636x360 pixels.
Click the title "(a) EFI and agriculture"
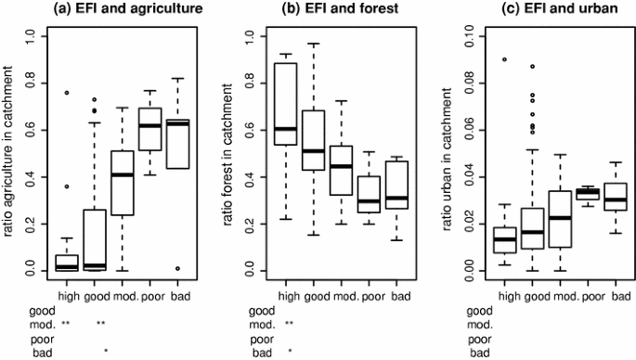pos(119,10)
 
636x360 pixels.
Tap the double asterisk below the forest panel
pos(290,324)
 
